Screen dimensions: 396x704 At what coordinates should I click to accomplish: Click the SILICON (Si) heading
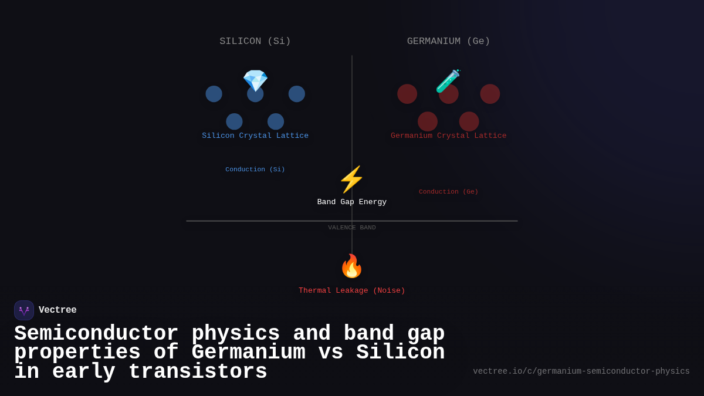pyautogui.click(x=255, y=41)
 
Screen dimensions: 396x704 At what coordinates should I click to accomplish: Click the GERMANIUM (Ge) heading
pyautogui.click(x=448, y=41)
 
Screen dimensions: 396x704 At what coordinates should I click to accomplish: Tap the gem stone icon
pyautogui.click(x=255, y=80)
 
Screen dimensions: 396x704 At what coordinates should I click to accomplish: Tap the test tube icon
pyautogui.click(x=448, y=81)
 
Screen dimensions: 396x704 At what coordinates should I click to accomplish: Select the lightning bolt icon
pyautogui.click(x=351, y=180)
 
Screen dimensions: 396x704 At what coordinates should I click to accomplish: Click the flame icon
pyautogui.click(x=351, y=266)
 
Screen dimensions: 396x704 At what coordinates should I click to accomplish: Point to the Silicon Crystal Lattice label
pyautogui.click(x=255, y=136)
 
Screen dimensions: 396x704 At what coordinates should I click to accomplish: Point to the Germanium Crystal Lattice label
pyautogui.click(x=448, y=136)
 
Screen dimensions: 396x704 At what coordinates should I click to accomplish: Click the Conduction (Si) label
pyautogui.click(x=255, y=169)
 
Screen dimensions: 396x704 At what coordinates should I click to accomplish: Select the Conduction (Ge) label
pyautogui.click(x=448, y=191)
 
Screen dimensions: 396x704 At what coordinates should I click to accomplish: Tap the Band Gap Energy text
pyautogui.click(x=351, y=202)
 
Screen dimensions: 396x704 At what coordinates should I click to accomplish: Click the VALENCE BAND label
pyautogui.click(x=351, y=228)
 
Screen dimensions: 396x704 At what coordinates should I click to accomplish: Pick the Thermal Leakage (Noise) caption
pyautogui.click(x=351, y=290)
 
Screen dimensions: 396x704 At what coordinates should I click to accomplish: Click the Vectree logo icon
pyautogui.click(x=24, y=310)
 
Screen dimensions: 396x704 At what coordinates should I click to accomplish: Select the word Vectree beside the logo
pyautogui.click(x=57, y=310)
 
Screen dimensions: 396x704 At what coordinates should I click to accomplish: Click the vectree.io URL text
pyautogui.click(x=581, y=371)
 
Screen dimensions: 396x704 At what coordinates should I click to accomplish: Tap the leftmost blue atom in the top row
pyautogui.click(x=214, y=94)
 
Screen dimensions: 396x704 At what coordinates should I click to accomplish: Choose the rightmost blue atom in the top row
pyautogui.click(x=297, y=94)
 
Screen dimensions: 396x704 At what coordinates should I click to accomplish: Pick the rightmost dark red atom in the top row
pyautogui.click(x=490, y=94)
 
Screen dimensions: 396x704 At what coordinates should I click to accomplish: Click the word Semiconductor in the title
pyautogui.click(x=96, y=333)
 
